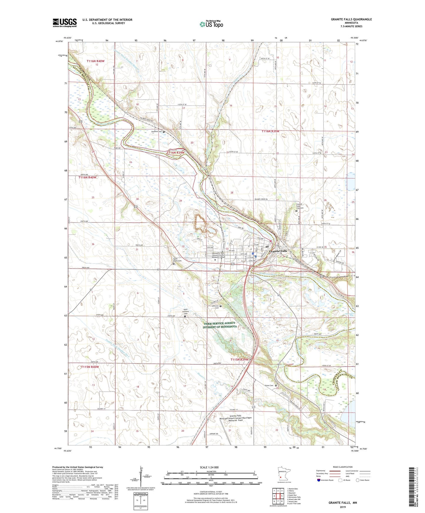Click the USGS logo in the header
pyautogui.click(x=65, y=23)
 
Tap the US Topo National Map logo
pyautogui.click(x=211, y=24)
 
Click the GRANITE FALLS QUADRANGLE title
pyautogui.click(x=351, y=19)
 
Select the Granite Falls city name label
pyautogui.click(x=278, y=251)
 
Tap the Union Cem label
pyautogui.click(x=269, y=385)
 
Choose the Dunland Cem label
pyautogui.click(x=156, y=131)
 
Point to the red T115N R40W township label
pyautogui.click(x=90, y=367)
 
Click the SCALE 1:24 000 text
pyautogui.click(x=209, y=467)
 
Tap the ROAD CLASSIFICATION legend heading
pyautogui.click(x=343, y=467)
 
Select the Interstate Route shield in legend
pyautogui.click(x=319, y=480)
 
